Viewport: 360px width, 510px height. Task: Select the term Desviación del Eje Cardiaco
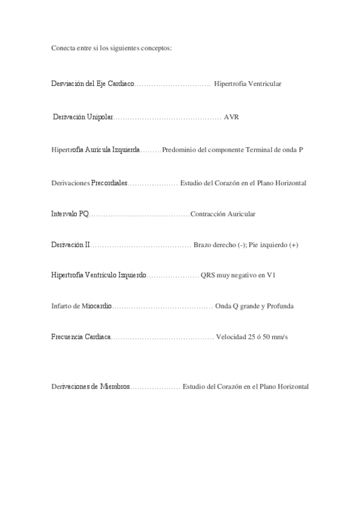(x=93, y=84)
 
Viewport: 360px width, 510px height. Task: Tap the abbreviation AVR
(x=231, y=117)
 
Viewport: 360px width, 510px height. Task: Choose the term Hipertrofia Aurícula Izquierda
(x=96, y=149)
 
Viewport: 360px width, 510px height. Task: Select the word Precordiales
(x=109, y=182)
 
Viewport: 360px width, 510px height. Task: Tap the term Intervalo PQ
(x=70, y=214)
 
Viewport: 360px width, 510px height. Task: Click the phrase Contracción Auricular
(x=223, y=214)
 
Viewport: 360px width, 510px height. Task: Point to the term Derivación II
(x=71, y=245)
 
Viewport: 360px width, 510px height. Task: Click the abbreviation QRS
(x=209, y=275)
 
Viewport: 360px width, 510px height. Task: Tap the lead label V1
(x=271, y=275)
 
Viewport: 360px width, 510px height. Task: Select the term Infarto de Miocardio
(x=82, y=306)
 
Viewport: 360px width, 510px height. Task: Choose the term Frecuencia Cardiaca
(x=81, y=337)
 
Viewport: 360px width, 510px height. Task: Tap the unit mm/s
(x=279, y=337)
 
